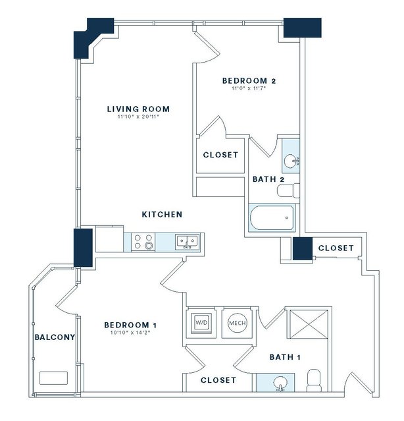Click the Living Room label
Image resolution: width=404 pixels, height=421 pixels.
pos(138,109)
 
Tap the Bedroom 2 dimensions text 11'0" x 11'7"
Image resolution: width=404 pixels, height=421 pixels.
pos(249,88)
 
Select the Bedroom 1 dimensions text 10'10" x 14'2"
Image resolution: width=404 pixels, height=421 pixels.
pos(130,333)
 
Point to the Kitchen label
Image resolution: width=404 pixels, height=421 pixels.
pos(162,215)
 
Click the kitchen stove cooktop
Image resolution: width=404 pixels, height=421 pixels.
pos(143,242)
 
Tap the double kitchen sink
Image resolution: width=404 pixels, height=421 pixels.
pos(188,242)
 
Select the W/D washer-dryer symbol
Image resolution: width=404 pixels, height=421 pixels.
pos(201,323)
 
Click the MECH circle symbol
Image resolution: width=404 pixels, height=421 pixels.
pos(238,323)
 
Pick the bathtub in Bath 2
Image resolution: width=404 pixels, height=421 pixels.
pos(272,218)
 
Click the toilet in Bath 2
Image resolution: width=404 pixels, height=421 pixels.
pos(288,190)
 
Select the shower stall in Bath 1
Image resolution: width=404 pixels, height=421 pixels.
pos(309,324)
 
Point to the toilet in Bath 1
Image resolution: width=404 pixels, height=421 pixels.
pos(314,380)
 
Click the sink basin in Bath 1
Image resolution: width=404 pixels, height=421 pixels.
pos(280,383)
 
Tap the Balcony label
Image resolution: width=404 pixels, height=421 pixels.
pos(55,337)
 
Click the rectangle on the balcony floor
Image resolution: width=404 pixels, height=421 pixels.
pos(53,378)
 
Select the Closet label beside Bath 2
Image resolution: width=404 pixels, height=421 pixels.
pos(220,155)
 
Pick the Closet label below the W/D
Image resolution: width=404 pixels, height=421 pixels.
pos(218,380)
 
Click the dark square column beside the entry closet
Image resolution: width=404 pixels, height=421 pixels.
pos(303,248)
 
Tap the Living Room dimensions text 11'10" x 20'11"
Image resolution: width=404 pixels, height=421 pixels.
pos(138,117)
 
